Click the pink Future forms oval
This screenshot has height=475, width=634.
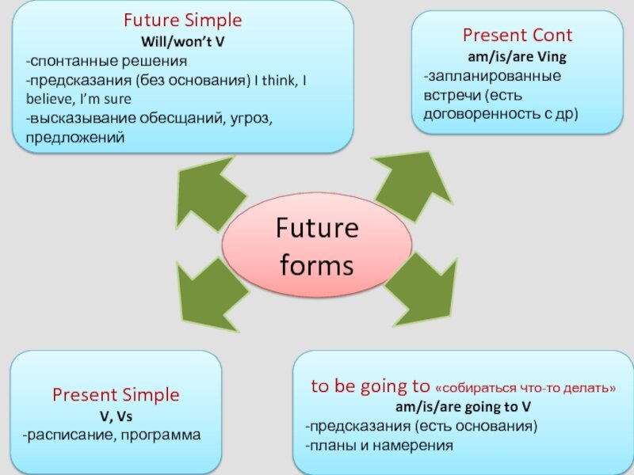pos(317,246)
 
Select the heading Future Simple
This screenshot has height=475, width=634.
pos(182,20)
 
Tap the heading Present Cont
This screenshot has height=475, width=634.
pos(517,35)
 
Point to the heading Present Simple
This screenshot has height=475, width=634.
pos(116,394)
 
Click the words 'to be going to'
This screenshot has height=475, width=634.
pos(369,387)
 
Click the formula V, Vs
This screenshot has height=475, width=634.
pos(116,415)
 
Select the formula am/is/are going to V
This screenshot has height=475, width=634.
pos(463,407)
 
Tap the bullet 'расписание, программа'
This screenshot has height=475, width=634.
pos(113,435)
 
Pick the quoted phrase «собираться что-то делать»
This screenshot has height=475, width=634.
pos(525,388)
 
